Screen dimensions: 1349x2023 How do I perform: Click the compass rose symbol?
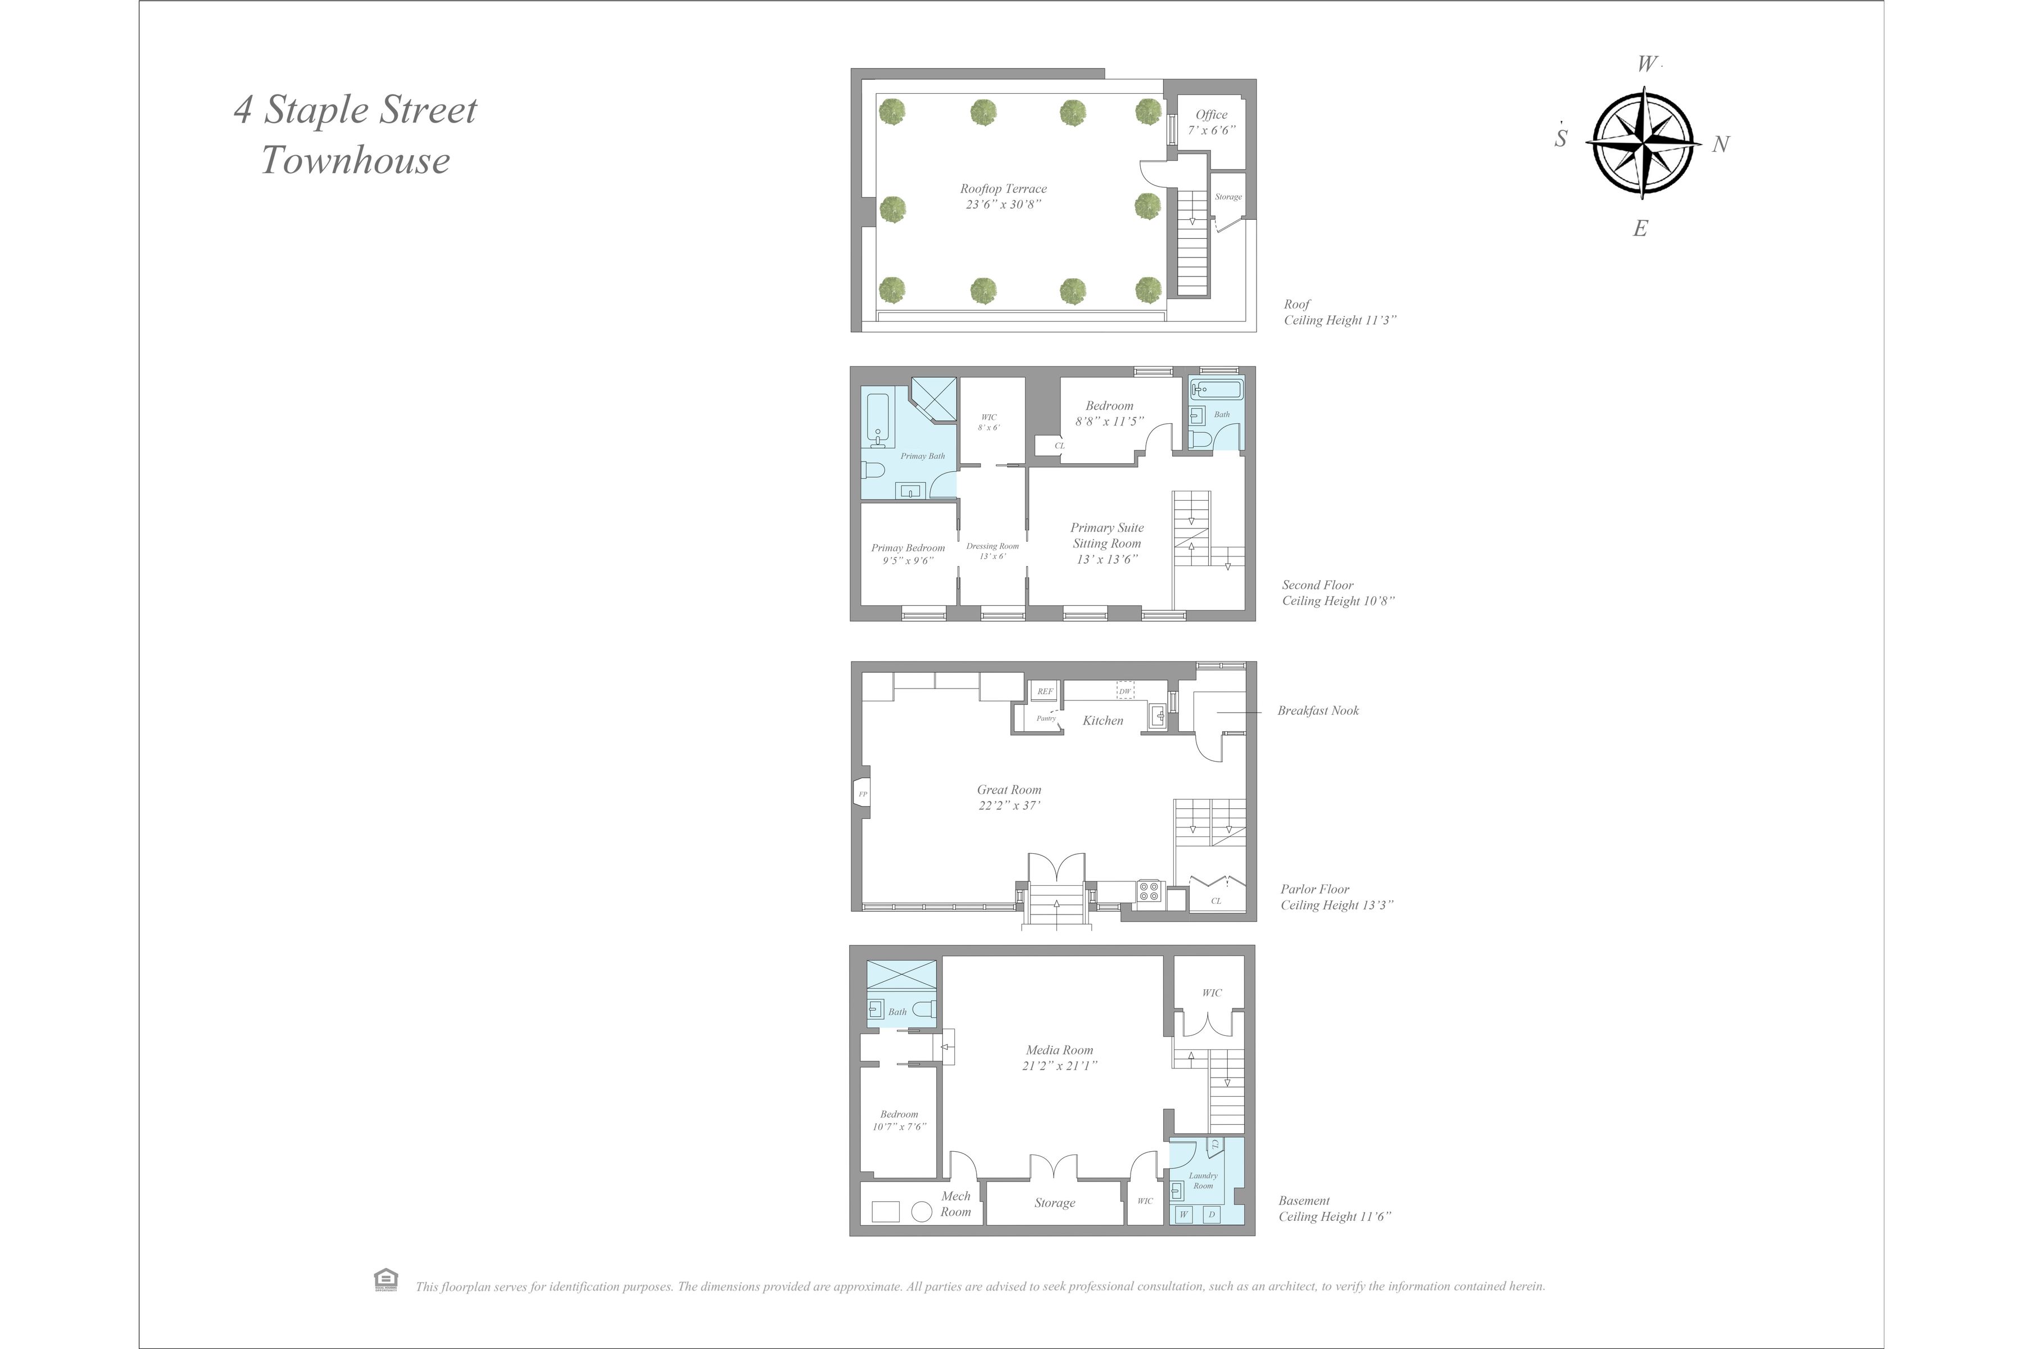tap(1645, 146)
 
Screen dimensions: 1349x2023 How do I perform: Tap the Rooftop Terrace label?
tap(1003, 196)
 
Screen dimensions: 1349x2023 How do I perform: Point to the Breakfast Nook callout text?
tap(1318, 710)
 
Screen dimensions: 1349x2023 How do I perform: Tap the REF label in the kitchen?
tap(1044, 691)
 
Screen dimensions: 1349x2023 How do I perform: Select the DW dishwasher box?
tap(1124, 691)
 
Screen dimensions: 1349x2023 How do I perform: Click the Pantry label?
tap(1045, 718)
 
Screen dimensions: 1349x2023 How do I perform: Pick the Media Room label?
tap(1059, 1057)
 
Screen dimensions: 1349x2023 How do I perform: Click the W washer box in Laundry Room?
tap(1183, 1215)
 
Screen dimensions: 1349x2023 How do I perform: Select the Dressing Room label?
tap(992, 551)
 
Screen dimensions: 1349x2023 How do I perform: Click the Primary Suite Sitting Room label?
tap(1107, 543)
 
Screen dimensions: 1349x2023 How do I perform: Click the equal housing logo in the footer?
tap(385, 1280)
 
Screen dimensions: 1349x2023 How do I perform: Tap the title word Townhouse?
tap(355, 160)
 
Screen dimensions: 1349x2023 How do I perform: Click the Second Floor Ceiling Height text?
tap(1337, 593)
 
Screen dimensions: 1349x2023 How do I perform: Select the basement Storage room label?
tap(1055, 1203)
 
